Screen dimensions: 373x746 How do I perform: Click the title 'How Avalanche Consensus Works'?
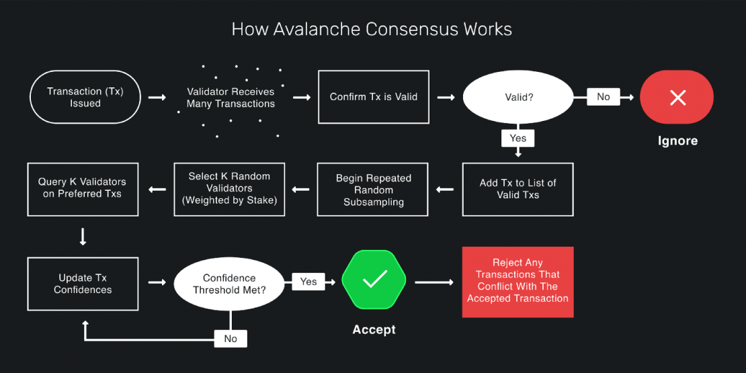372,30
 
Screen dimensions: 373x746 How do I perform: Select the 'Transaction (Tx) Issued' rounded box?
85,97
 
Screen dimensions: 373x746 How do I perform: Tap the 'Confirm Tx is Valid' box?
374,97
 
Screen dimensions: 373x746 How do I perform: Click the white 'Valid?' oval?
518,97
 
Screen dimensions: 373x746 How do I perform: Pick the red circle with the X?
677,97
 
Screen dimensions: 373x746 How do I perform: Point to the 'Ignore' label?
677,141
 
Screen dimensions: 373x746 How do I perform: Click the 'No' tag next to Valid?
604,97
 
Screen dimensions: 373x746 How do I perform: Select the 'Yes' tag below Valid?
517,138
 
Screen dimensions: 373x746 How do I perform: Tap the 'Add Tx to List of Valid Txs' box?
517,189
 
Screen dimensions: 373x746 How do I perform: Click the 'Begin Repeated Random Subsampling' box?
374,190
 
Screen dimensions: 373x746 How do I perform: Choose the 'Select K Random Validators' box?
229,189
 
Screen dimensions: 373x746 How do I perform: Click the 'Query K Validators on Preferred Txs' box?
83,189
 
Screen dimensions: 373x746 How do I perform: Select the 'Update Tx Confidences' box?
83,284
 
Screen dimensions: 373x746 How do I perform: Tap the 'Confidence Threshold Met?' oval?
229,284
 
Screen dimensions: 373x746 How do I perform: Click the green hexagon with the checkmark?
374,280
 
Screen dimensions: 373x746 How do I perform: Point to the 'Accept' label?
374,330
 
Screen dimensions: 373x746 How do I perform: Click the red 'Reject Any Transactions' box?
517,282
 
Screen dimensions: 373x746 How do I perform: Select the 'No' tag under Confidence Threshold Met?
231,339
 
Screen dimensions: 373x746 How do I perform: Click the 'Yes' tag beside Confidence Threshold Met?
308,282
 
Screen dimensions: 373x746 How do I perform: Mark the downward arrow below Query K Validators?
83,237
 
